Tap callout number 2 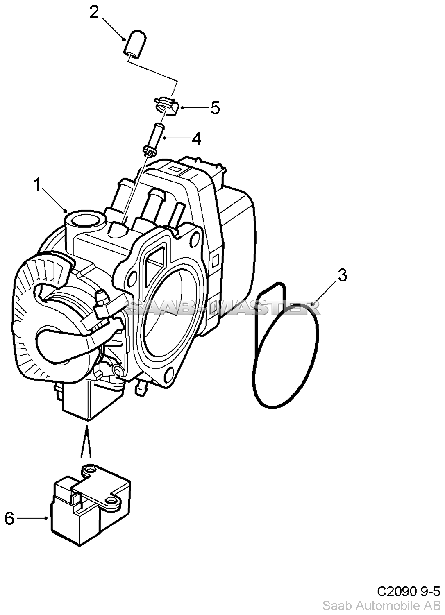(x=94, y=12)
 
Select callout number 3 (x=342, y=275)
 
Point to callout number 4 (x=196, y=138)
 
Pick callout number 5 (x=215, y=108)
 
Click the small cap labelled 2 (x=134, y=45)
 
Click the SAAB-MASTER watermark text (x=222, y=308)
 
